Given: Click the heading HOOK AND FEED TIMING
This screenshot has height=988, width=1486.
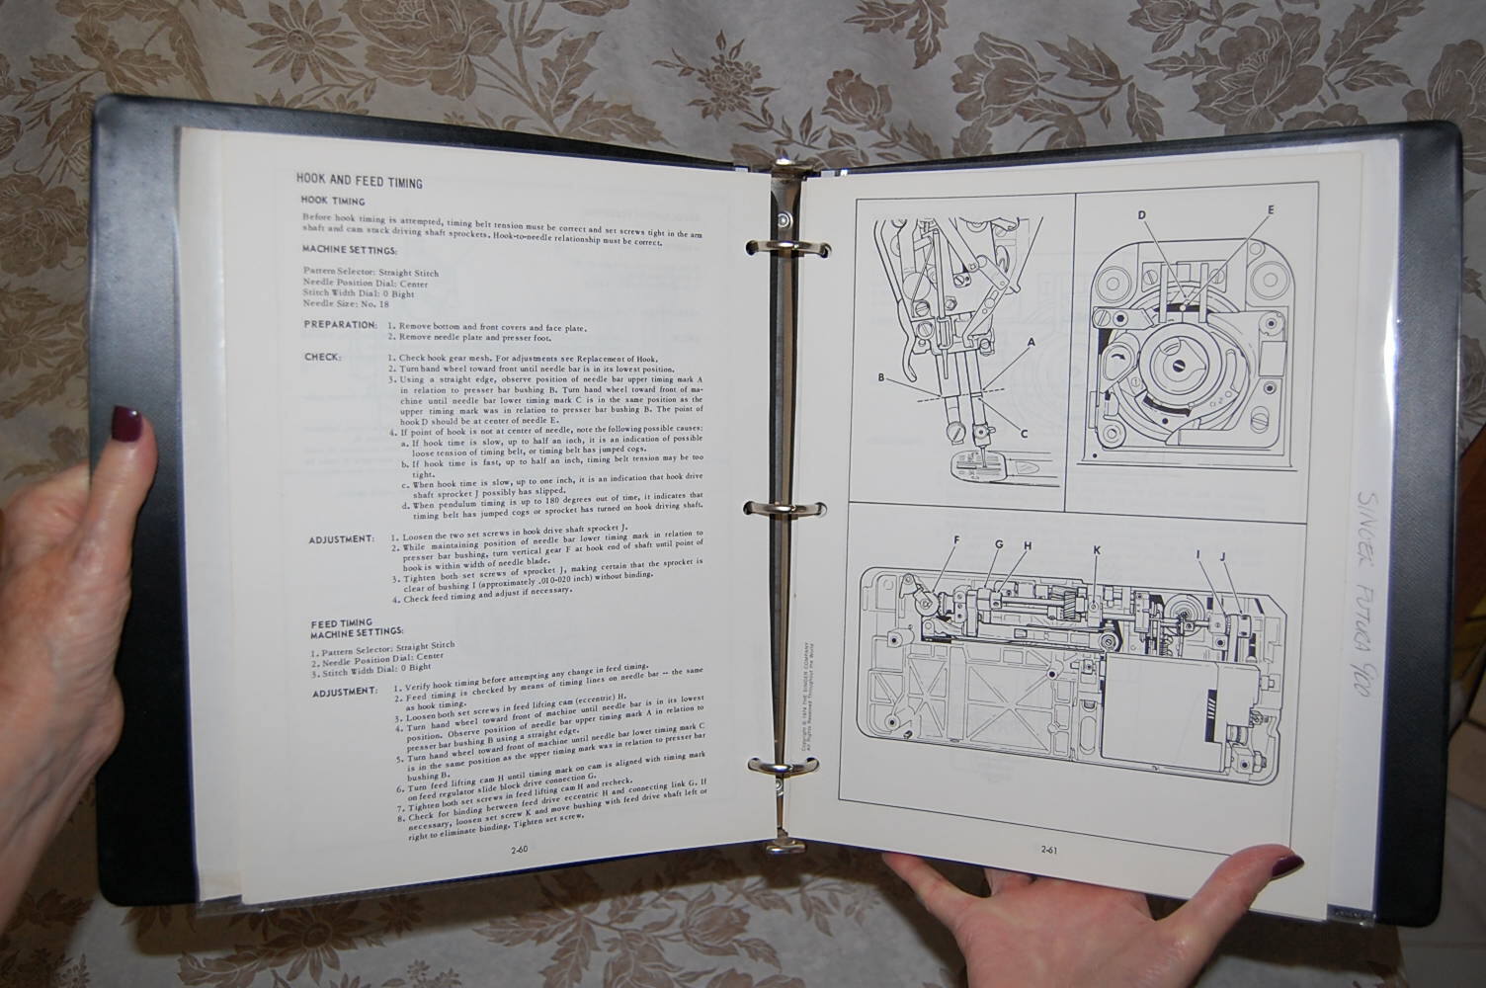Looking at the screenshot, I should [x=359, y=182].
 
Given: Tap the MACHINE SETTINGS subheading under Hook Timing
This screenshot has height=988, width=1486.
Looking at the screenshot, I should [x=349, y=250].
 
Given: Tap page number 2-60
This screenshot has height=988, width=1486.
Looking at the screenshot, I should [x=520, y=849].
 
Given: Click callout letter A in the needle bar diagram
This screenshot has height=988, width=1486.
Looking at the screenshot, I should [x=1032, y=343].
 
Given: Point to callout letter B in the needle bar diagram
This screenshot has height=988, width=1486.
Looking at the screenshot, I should [x=881, y=376].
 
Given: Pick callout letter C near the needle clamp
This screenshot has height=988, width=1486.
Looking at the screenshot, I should [x=1024, y=433].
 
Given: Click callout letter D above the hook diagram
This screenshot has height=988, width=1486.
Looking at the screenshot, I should [x=1141, y=214].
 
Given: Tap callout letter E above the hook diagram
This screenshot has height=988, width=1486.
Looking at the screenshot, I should [x=1271, y=209].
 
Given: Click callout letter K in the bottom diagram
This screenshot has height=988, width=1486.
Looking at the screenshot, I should [x=1097, y=549].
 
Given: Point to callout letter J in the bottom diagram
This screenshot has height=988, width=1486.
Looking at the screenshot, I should [x=1222, y=556].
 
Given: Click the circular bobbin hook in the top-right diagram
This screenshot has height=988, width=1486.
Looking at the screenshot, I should [x=1185, y=367].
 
